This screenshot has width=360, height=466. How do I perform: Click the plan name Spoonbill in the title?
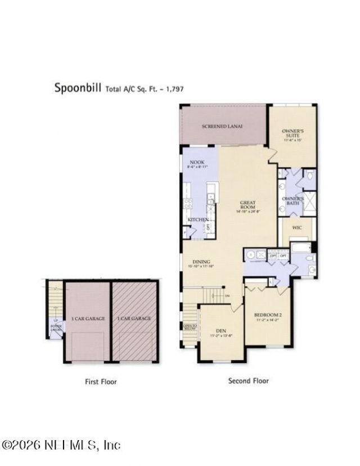point(77,87)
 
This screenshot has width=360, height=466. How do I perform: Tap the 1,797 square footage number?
point(174,88)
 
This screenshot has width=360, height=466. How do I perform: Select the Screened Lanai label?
point(222,127)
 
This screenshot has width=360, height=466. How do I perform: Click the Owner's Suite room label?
point(292,135)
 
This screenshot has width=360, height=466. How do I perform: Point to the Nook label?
point(196,164)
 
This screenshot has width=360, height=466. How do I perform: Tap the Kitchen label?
point(198,219)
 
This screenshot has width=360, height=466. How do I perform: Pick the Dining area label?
point(201,263)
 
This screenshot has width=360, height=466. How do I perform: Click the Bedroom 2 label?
point(267,315)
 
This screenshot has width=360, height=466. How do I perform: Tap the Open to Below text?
point(190,326)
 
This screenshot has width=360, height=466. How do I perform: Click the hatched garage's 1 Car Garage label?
point(134,319)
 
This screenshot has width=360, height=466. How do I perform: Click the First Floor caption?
point(101,382)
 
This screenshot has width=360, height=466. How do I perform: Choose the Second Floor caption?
point(248,380)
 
